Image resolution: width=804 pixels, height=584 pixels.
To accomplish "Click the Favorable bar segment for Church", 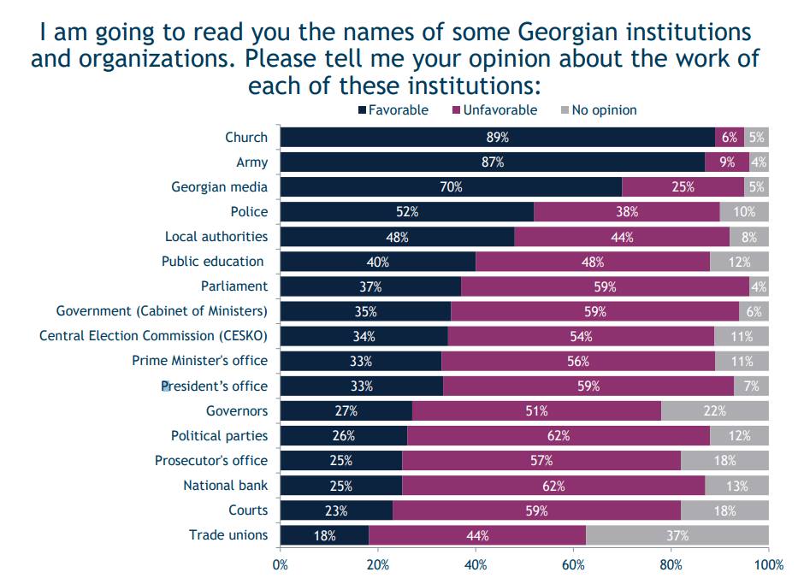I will (x=498, y=138).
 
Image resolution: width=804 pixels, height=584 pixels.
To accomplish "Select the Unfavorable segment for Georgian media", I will (x=683, y=187).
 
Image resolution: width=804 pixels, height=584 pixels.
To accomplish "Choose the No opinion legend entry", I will (x=598, y=110).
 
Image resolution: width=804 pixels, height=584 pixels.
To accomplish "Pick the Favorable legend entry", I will (x=393, y=110).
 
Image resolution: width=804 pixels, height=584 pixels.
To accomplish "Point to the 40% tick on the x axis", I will (x=476, y=565).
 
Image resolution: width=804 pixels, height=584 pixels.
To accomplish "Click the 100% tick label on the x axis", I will (x=768, y=565).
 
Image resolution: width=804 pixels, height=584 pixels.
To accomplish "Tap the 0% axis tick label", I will (x=281, y=565).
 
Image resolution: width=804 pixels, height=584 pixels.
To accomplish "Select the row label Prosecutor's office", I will (x=211, y=461).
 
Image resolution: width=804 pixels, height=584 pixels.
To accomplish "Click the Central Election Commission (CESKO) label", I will (x=153, y=336).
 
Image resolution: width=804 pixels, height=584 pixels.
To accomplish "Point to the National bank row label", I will (x=225, y=486).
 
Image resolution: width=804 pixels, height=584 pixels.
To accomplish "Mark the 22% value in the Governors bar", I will (x=715, y=411).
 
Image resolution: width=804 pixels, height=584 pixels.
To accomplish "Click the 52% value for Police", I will (x=406, y=212).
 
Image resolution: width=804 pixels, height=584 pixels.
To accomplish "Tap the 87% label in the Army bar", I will (x=493, y=162).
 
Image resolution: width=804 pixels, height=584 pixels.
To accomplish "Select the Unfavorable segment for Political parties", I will (x=559, y=436).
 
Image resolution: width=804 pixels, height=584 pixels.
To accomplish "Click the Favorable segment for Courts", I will (x=336, y=510).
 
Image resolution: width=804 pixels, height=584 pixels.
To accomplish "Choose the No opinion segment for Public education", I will (x=739, y=262).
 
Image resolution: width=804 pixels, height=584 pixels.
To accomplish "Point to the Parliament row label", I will (x=234, y=286).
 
